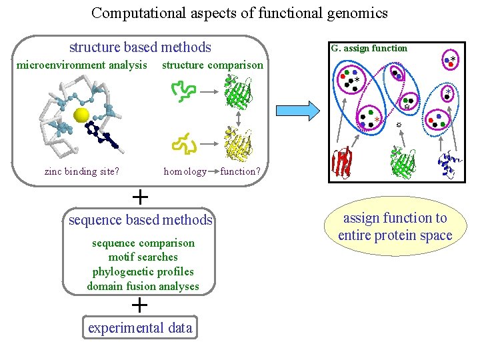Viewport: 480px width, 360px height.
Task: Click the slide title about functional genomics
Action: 239,13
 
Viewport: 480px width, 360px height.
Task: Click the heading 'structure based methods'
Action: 140,47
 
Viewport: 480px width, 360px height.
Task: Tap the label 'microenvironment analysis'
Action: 81,65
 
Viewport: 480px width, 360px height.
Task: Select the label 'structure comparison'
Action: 213,65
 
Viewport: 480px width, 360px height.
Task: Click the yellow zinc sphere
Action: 81,115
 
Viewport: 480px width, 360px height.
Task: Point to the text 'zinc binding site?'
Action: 82,171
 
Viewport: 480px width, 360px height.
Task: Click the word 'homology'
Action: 185,171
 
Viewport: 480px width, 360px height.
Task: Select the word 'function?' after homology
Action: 239,171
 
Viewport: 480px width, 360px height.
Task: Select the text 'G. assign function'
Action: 369,48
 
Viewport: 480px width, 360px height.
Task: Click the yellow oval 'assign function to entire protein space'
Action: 395,227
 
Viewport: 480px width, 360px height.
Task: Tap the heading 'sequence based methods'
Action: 140,221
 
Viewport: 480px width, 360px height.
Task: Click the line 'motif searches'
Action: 143,257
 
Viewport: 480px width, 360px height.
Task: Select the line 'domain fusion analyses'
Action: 143,286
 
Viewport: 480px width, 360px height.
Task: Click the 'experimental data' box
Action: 140,328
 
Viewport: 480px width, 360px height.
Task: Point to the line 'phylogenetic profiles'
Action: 143,271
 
